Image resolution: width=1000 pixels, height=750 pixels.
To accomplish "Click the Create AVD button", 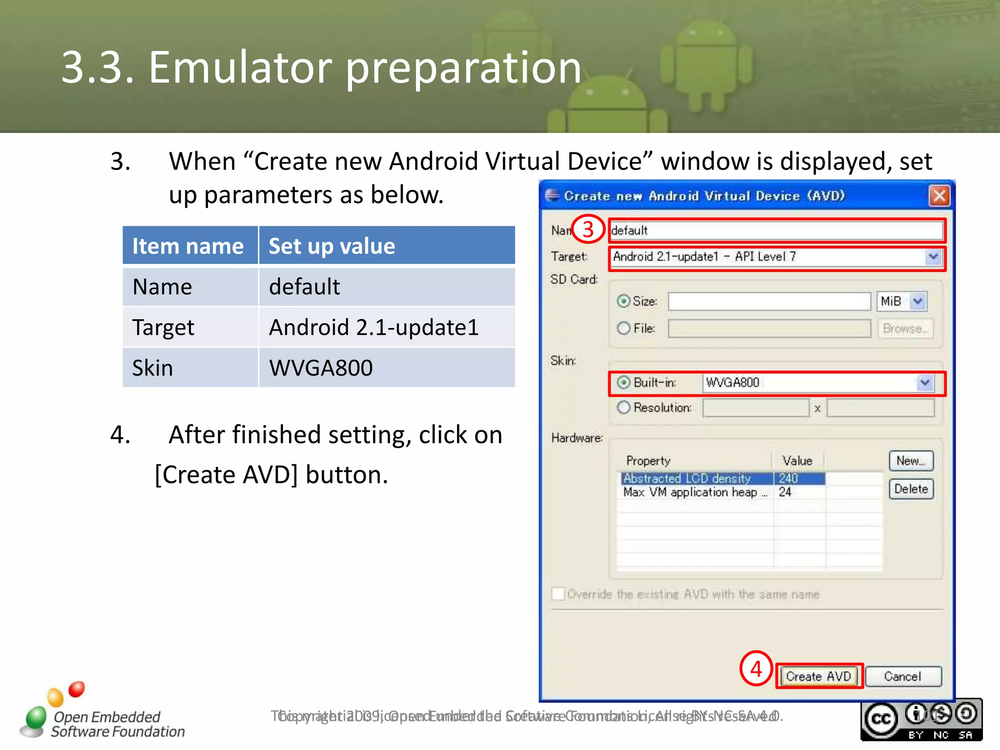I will pyautogui.click(x=819, y=676).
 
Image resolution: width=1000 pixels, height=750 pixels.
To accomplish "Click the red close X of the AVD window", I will pyautogui.click(x=939, y=196).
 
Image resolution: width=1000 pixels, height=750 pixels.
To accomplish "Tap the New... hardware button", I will pyautogui.click(x=911, y=460).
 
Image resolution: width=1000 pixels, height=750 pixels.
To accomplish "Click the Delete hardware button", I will pyautogui.click(x=911, y=489).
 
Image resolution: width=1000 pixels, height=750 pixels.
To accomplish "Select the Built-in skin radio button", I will pyautogui.click(x=624, y=382).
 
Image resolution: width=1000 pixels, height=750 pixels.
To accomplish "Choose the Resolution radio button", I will pyautogui.click(x=624, y=407).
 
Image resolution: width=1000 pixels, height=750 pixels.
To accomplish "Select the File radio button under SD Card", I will pyautogui.click(x=624, y=328).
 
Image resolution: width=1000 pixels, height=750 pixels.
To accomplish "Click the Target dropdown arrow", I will pyautogui.click(x=933, y=257).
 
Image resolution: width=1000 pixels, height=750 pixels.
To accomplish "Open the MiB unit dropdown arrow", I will pyautogui.click(x=918, y=301).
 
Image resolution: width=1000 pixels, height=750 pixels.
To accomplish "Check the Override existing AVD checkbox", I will pyautogui.click(x=558, y=594).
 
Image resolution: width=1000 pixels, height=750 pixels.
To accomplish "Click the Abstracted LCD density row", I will pyautogui.click(x=687, y=479).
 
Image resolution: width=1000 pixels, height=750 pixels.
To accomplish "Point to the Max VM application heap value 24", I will pyautogui.click(x=785, y=492).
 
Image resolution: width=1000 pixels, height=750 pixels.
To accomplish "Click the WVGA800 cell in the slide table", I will pyautogui.click(x=321, y=368).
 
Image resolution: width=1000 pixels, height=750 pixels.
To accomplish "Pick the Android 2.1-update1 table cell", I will pyautogui.click(x=374, y=327).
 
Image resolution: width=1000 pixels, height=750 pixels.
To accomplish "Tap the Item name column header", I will pyautogui.click(x=188, y=246).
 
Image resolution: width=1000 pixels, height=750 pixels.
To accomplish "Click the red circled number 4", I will pyautogui.click(x=756, y=668).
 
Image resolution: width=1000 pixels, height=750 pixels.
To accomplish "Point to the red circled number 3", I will pyautogui.click(x=588, y=229).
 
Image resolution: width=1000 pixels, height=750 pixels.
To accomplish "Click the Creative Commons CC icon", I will pyautogui.click(x=881, y=719).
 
